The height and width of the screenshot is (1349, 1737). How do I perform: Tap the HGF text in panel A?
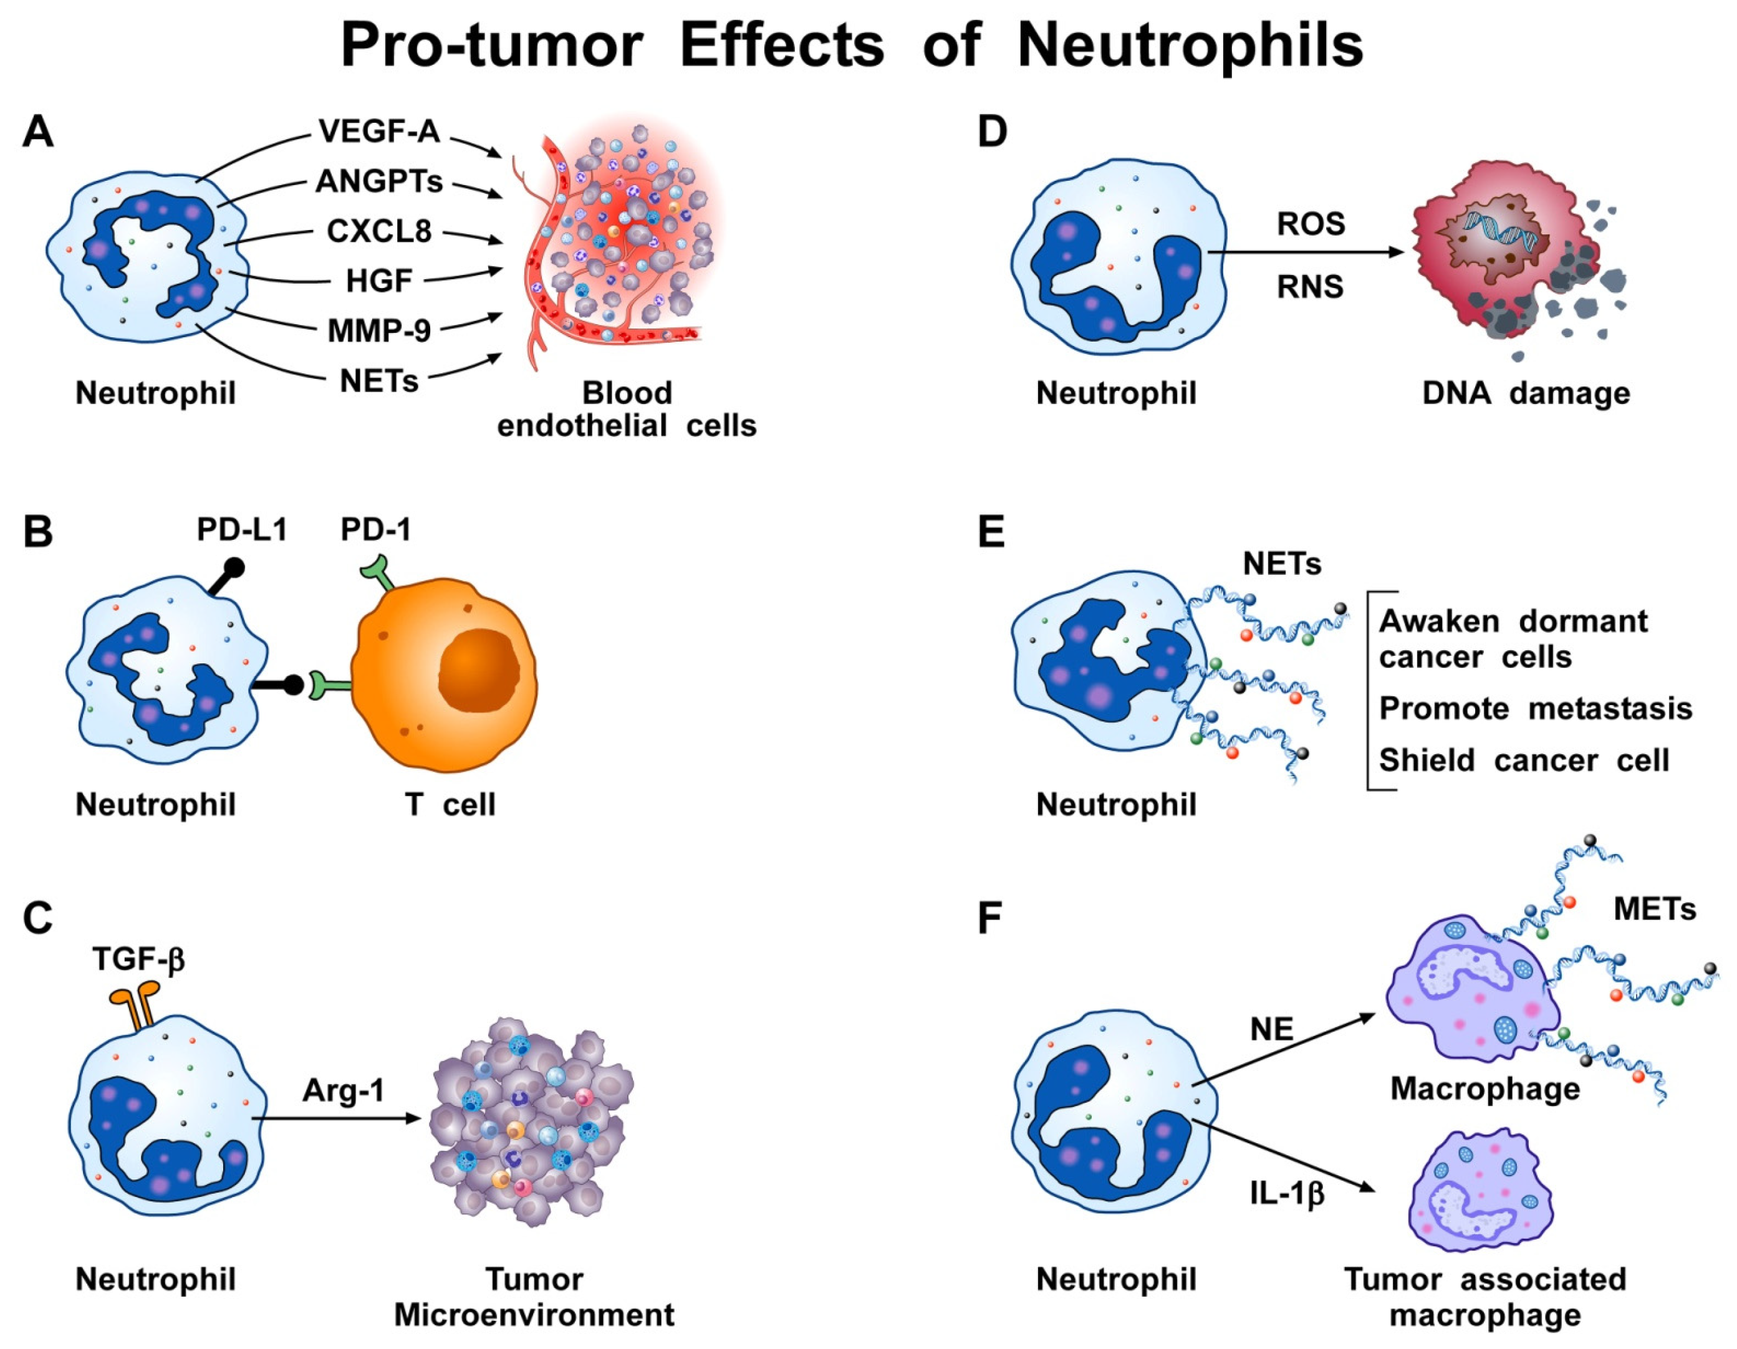click(378, 281)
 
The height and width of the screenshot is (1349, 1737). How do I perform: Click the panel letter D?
click(992, 132)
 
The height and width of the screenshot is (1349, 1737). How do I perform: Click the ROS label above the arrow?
click(1311, 224)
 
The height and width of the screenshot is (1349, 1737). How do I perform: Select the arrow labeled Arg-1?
click(338, 1118)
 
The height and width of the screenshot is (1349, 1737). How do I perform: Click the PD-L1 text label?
click(242, 530)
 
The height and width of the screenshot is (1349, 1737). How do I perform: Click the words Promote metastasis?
click(1535, 708)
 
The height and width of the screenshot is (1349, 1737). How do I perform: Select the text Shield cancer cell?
click(1523, 761)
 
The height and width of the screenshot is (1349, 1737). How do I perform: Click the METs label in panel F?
click(1654, 908)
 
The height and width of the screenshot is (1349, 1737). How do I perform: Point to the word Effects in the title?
click(782, 46)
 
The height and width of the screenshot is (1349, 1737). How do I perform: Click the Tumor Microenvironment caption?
click(534, 1297)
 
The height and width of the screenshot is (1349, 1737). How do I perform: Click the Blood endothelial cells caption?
click(627, 410)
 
